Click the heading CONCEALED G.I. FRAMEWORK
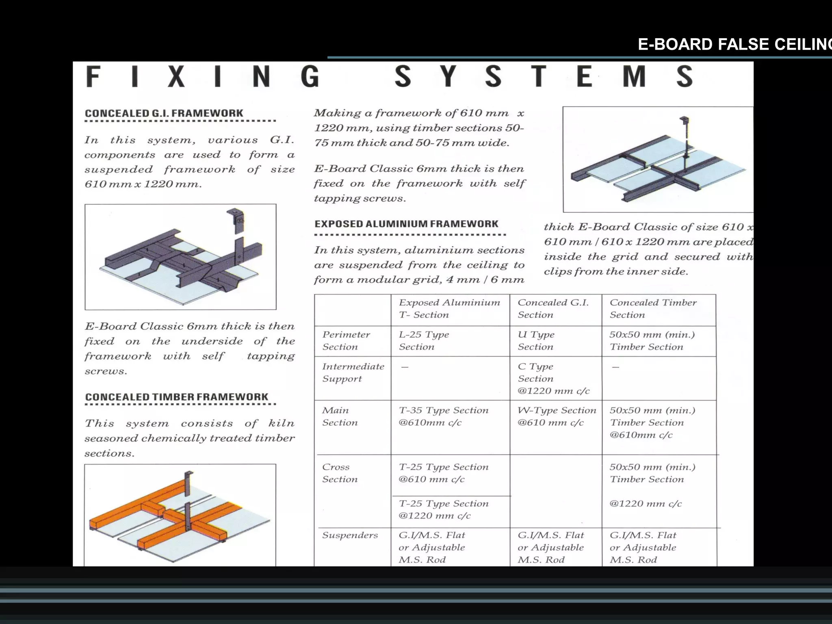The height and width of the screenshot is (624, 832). pos(164,113)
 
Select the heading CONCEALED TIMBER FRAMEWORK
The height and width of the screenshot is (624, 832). pos(177,397)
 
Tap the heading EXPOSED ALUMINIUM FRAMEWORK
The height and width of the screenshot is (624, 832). pos(406,224)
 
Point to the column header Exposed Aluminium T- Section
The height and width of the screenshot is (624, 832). pos(449,309)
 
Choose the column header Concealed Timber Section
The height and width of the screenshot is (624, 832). pos(652,309)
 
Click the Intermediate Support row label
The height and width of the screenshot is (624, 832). pos(353,373)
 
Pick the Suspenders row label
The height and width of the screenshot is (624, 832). pos(350,535)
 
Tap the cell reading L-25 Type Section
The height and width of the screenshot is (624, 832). pos(423,340)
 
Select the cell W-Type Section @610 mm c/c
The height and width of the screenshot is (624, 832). pos(556,416)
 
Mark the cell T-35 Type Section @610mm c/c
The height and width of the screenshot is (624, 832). pos(443,416)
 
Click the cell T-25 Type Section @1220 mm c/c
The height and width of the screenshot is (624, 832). pos(443,509)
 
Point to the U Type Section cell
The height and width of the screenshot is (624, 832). pos(536,340)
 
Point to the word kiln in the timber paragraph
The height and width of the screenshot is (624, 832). pos(281,423)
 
